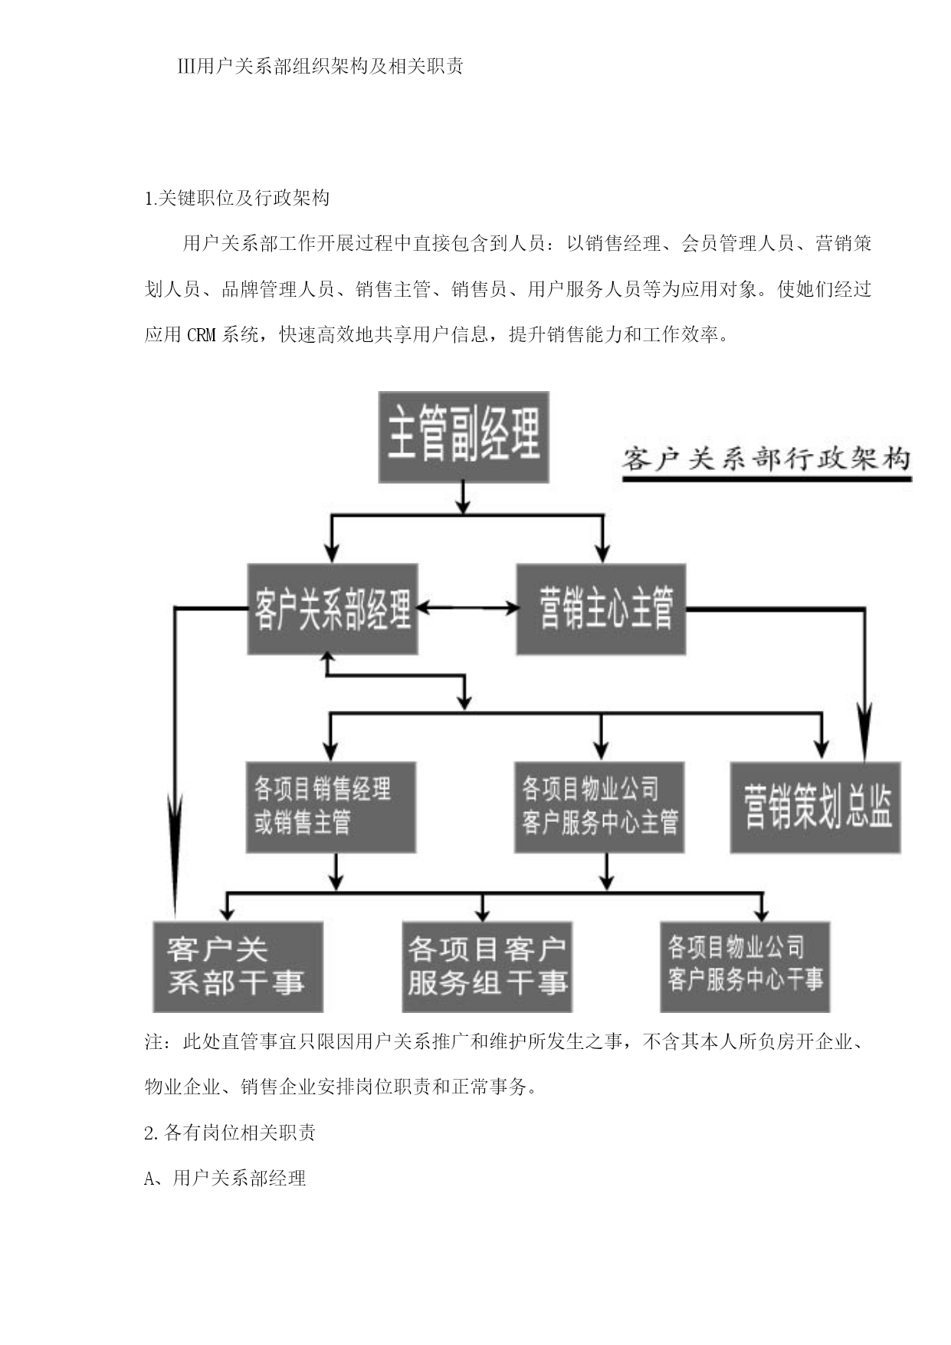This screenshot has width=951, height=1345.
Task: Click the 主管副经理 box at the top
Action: (464, 437)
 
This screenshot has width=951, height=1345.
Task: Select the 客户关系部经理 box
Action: (333, 610)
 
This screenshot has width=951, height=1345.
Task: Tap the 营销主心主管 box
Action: (601, 610)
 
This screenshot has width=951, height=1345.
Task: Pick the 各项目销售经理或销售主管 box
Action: (331, 807)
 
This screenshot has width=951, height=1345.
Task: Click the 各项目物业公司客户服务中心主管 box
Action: (599, 807)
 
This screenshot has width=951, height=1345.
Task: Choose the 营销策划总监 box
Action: (815, 807)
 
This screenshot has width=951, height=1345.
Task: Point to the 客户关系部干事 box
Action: (238, 967)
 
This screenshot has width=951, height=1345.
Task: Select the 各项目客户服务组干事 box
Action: (487, 967)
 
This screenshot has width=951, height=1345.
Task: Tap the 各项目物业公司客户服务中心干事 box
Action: (745, 967)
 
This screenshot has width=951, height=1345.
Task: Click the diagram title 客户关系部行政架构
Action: (766, 459)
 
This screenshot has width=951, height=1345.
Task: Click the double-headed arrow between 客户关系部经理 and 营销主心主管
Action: (467, 609)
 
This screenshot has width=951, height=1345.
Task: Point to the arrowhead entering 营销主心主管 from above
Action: (603, 554)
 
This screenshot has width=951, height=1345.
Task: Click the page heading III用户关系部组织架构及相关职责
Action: (320, 67)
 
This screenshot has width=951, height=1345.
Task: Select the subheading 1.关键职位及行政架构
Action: (238, 199)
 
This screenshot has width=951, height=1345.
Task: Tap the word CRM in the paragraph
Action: (202, 335)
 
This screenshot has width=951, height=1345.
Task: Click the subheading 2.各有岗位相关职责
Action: (230, 1133)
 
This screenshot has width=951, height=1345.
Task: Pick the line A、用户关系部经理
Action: (225, 1178)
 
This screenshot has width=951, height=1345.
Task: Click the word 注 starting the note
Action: (154, 1042)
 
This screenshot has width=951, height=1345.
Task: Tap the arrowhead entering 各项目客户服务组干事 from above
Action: (482, 913)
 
